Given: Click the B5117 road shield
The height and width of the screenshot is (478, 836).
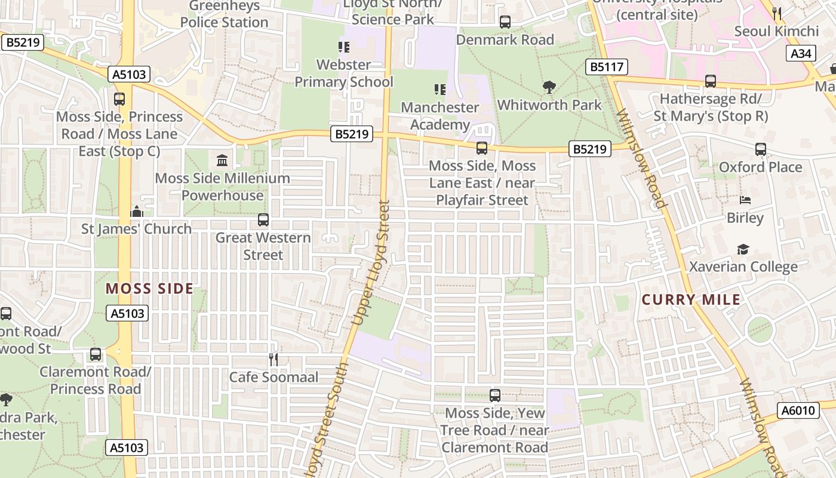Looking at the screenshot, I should tap(607, 67).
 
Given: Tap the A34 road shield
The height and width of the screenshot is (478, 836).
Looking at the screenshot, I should tap(801, 53).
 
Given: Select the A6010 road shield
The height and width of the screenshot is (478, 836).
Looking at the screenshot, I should tap(798, 410).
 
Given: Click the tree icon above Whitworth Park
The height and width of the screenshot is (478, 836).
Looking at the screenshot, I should tap(549, 88).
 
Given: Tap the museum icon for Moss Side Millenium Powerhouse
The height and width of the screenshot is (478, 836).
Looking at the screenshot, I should tap(222, 160).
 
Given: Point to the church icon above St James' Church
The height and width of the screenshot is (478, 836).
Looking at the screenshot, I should tap(137, 212).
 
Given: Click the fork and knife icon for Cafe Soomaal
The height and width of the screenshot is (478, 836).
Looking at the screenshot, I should tap(273, 359).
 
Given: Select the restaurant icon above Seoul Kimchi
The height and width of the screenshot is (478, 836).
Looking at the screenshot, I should tap(776, 13).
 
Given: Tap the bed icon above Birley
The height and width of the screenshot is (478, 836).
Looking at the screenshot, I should tap(745, 200).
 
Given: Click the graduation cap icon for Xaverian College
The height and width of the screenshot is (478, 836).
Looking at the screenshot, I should tap(743, 249).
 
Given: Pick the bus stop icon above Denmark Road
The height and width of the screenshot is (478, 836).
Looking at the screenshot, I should tap(505, 22).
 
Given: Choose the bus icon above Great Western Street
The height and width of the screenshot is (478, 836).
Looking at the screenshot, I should tap(263, 220).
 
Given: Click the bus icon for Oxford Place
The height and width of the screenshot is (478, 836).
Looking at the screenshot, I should tap(760, 149).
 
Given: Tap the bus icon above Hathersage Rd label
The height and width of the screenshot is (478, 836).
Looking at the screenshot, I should tap(710, 81).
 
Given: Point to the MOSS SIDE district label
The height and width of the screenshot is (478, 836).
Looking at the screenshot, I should tap(149, 289).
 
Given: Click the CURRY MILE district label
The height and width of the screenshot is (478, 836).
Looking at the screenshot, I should tap(691, 300).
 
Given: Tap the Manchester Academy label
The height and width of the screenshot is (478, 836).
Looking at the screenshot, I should tap(439, 116).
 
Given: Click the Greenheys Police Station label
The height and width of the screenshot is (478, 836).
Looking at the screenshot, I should tap(224, 14).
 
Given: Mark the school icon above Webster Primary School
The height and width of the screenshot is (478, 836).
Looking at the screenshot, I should tap(344, 47).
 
